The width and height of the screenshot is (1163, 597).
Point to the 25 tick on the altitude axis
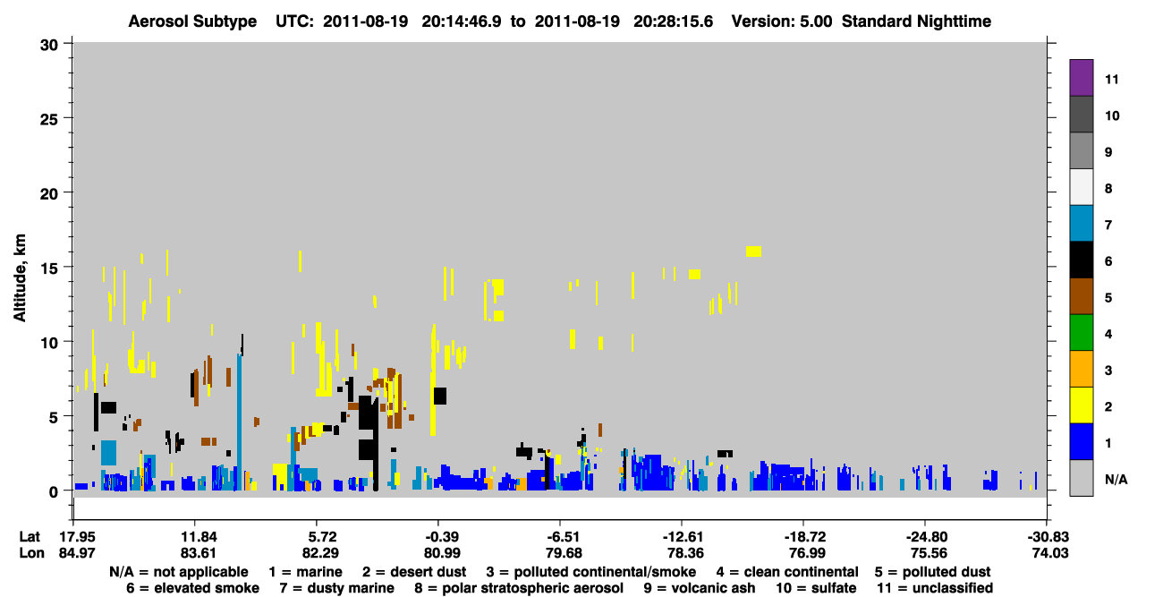point(67,118)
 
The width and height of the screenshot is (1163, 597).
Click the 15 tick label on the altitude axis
point(49,269)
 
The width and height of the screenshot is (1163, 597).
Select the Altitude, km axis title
point(19,278)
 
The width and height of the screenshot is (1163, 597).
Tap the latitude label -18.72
point(805,537)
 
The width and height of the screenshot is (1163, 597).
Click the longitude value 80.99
point(442,553)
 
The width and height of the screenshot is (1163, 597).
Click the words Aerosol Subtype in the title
point(192,21)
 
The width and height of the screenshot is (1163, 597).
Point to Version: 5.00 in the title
point(782,21)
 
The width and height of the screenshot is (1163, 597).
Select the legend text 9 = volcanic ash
point(700,588)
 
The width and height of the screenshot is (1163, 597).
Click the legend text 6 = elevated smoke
point(192,588)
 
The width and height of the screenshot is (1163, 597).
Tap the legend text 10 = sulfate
point(816,588)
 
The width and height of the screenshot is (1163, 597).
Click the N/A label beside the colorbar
point(1116,479)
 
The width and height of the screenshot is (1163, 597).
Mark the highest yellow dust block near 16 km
point(753,252)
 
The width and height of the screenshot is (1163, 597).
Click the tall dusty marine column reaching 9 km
point(240,422)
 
